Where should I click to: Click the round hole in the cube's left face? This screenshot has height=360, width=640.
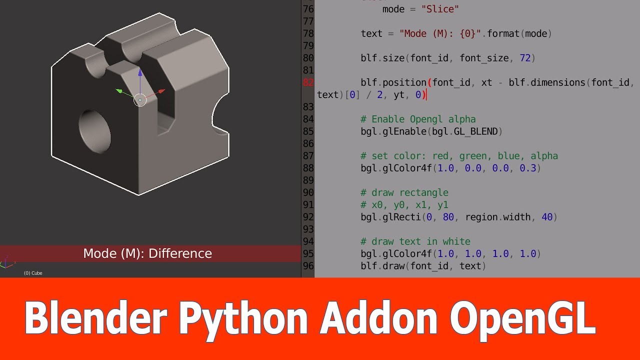[x=94, y=130]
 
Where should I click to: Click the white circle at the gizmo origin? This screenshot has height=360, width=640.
[x=140, y=100]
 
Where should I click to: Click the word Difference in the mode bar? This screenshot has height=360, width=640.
[x=180, y=253]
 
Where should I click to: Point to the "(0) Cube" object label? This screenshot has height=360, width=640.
[x=33, y=273]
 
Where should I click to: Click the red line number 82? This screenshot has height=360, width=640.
[x=308, y=82]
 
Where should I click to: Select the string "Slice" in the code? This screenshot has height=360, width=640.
[x=440, y=9]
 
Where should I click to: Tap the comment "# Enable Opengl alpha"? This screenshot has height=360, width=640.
[x=418, y=119]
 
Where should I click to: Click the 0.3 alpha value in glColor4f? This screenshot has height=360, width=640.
[x=528, y=168]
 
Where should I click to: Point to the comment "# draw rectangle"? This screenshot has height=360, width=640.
[x=404, y=192]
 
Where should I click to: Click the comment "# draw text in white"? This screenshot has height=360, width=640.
[x=415, y=241]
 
